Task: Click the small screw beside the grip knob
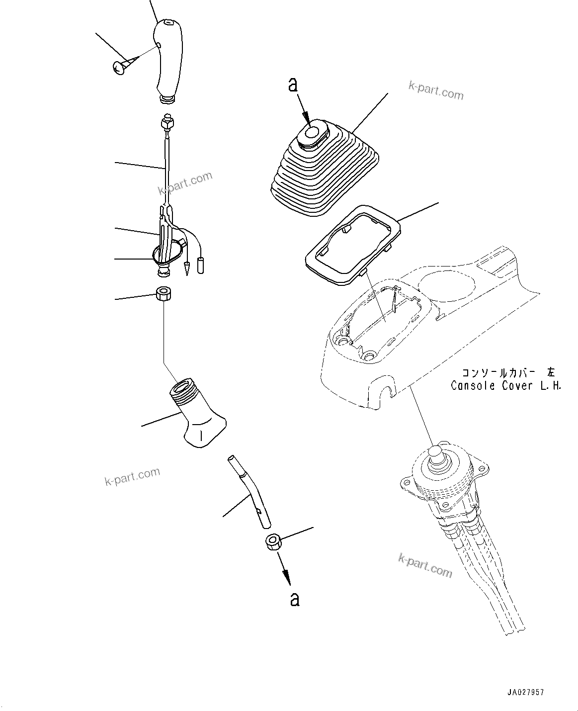pos(121,67)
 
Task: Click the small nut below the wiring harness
pos(163,294)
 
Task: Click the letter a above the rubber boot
pos(293,86)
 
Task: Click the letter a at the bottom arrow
pos(295,599)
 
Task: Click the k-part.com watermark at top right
pos(435,90)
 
